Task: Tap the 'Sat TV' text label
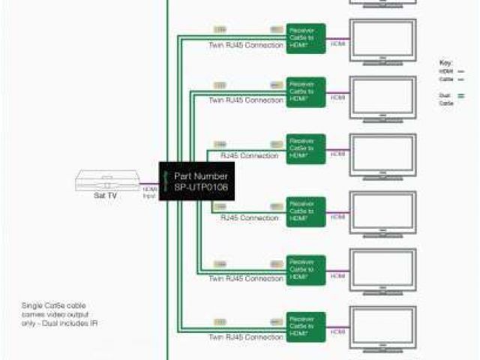coord(105,195)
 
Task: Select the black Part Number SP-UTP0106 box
coord(196,181)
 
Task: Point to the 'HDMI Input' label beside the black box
coord(150,193)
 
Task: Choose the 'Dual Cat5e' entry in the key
coord(445,97)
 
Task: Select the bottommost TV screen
coord(383,326)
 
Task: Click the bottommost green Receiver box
coord(305,327)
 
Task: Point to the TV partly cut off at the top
coord(383,4)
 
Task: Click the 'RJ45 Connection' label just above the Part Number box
coord(249,156)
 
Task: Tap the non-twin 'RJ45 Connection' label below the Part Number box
coord(249,218)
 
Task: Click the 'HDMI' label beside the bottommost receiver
coord(338,331)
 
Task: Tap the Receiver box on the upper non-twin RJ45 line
coord(305,149)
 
